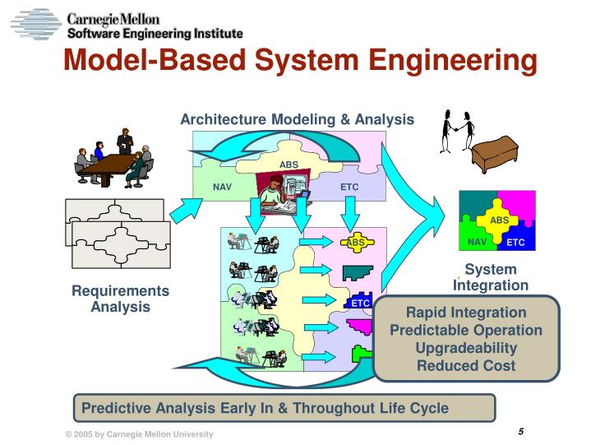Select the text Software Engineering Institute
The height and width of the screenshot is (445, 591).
point(155,34)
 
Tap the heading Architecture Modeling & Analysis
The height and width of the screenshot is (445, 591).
point(297,119)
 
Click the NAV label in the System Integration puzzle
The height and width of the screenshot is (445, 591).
point(477,242)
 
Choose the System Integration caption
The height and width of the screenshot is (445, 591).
point(491,277)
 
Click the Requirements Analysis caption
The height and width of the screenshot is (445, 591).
point(120,299)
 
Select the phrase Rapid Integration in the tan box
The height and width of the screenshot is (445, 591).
point(466,313)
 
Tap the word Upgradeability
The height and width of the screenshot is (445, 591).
point(466,348)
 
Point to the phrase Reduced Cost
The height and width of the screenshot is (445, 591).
point(466,365)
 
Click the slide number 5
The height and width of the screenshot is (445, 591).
point(521,433)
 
